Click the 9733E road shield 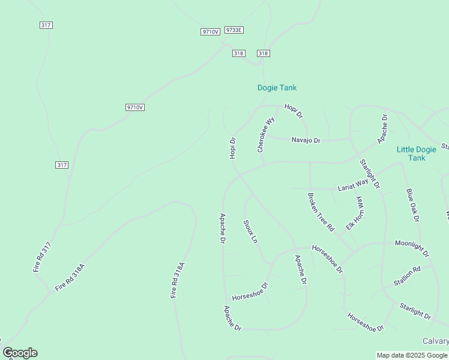pos(234,30)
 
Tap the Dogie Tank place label pos(277,88)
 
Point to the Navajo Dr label pos(306,140)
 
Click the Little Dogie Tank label pos(417,154)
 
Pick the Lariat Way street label pos(352,187)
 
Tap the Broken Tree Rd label pos(320,212)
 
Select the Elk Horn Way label pos(356,214)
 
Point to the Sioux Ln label pos(250,232)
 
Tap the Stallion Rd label pos(407,275)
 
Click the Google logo pos(20,353)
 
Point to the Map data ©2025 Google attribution pos(412,355)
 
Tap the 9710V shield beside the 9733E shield pos(210,32)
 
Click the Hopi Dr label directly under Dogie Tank pos(294,110)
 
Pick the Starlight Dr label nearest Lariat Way pos(370,174)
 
